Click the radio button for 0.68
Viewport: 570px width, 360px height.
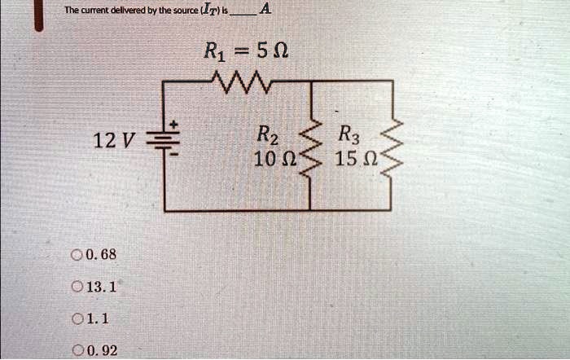click(x=77, y=255)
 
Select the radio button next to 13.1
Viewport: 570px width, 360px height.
click(x=77, y=287)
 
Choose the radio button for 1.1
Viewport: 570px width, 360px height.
click(x=77, y=319)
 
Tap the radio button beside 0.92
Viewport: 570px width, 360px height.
click(x=77, y=350)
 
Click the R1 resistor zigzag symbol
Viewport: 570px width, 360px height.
click(x=241, y=82)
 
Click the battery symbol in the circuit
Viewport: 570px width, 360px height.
click(x=163, y=141)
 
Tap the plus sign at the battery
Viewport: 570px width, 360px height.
click(x=174, y=125)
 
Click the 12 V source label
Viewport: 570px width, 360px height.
click(x=114, y=141)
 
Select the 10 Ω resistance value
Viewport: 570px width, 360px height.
click(x=276, y=159)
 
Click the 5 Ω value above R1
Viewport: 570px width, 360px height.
click(x=273, y=50)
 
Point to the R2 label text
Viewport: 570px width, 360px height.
click(x=268, y=135)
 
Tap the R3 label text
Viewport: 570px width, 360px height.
click(x=349, y=135)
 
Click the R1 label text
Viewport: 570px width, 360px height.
click(x=215, y=51)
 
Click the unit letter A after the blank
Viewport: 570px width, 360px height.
click(x=265, y=9)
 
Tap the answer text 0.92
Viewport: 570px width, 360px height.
click(x=102, y=350)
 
